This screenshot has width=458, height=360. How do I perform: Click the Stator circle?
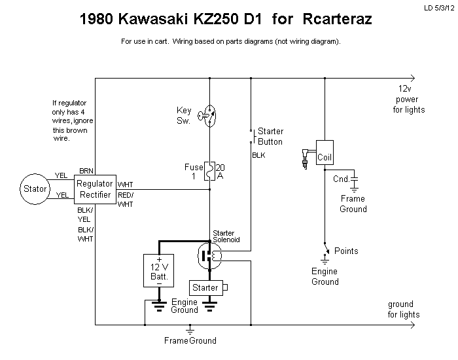tap(35, 189)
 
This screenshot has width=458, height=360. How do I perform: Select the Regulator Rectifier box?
tap(95, 189)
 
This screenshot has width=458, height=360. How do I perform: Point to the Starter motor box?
tap(205, 287)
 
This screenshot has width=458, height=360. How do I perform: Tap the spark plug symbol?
tap(304, 157)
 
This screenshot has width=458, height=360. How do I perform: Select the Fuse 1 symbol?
tap(210, 172)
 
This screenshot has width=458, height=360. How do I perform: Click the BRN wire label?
tap(86, 170)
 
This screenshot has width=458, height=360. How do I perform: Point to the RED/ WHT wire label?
tap(125, 200)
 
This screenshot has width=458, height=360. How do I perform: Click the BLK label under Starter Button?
tap(258, 156)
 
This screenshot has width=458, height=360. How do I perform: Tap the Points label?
tap(346, 251)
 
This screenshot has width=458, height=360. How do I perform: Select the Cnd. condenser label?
tap(342, 179)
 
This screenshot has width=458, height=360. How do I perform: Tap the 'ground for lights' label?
tap(404, 309)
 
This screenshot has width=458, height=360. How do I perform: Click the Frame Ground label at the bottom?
tap(190, 340)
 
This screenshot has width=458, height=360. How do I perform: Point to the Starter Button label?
tap(270, 136)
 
